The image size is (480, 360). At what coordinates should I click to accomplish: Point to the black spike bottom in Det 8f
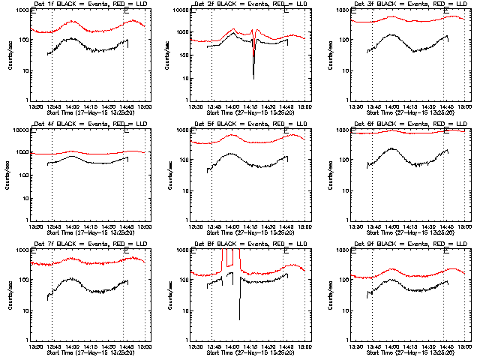[x=240, y=318]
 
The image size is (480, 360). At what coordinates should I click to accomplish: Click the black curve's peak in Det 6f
[x=393, y=149]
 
